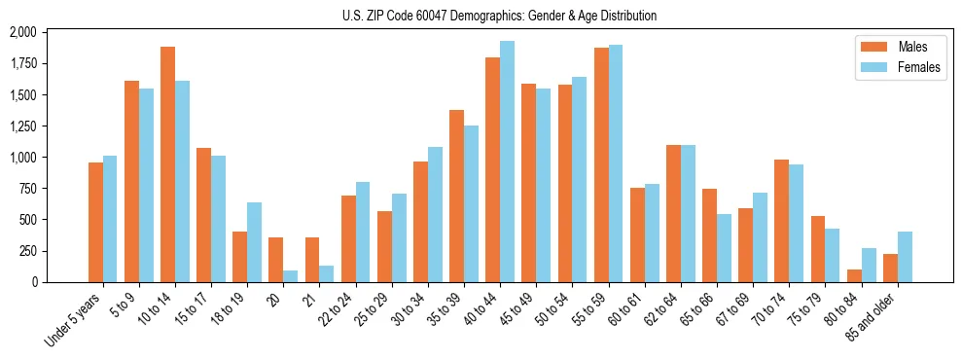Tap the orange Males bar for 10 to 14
168,164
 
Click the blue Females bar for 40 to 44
507,162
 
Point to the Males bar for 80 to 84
854,275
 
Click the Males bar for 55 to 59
601,165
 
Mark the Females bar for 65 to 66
724,248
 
